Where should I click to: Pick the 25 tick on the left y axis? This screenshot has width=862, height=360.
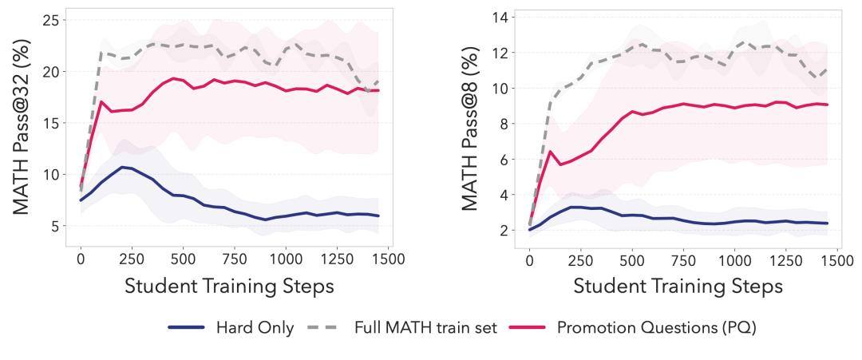50,20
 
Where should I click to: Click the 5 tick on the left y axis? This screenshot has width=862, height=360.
55,226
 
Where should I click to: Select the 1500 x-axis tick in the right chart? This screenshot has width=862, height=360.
833,259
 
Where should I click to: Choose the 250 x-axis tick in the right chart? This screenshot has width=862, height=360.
580,259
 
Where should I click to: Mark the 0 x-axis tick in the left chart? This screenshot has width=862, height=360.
81,259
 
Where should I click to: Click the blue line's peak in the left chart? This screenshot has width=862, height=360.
122,167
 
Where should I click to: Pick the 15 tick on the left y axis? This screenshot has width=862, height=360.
50,123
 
